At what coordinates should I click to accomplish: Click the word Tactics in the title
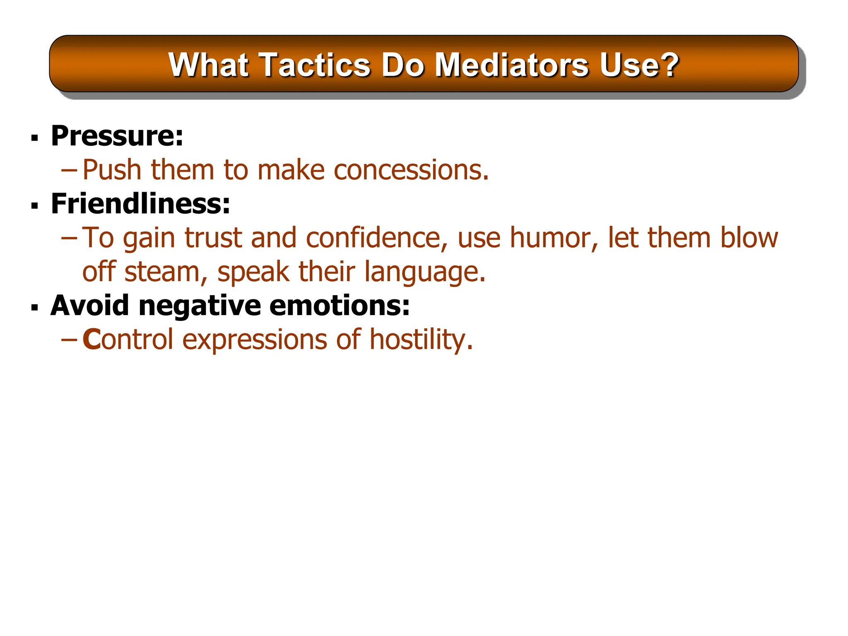tap(316, 65)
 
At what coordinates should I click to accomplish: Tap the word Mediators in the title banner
tap(511, 65)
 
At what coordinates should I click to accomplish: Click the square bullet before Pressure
tap(35, 137)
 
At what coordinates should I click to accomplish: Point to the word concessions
tap(411, 170)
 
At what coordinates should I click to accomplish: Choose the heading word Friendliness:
tap(140, 204)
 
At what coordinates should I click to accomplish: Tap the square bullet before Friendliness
tap(35, 205)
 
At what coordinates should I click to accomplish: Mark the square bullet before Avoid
tap(35, 308)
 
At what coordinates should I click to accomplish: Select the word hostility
tap(421, 340)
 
